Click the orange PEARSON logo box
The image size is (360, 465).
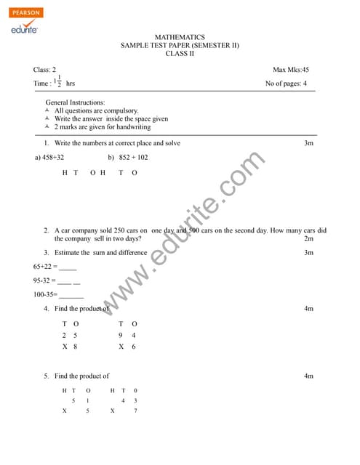pos(27,13)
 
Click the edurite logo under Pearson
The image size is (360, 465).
pos(24,28)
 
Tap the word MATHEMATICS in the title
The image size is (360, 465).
pos(180,37)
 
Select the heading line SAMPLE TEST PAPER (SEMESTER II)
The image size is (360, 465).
pos(180,45)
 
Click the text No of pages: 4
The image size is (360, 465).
pos(286,84)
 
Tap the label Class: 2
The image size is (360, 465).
pos(44,70)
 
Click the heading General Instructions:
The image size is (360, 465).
pos(75,102)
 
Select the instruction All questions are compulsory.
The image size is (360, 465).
pos(96,110)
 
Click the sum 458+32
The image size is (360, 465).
pos(50,157)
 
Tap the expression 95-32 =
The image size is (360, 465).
pos(45,280)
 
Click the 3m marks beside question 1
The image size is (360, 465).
pos(308,143)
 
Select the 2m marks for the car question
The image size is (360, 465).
pos(308,238)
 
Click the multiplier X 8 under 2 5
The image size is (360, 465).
pos(70,347)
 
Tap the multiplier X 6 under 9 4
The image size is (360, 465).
pos(127,347)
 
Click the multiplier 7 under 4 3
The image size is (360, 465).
pos(135,411)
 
